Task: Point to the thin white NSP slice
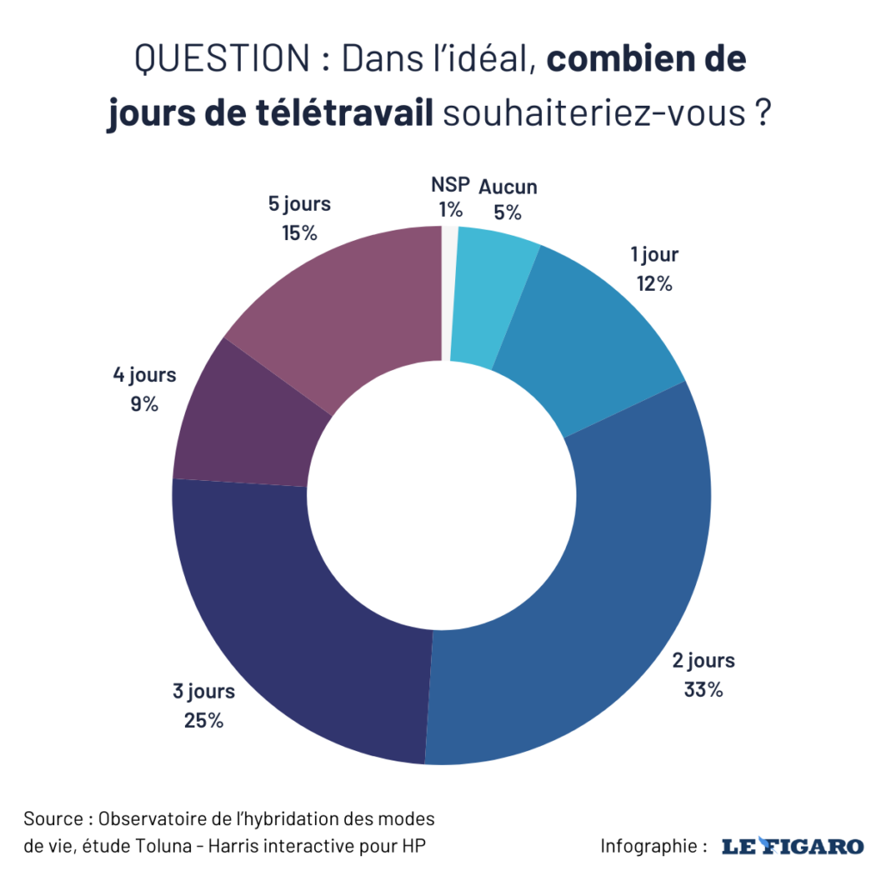tap(449, 293)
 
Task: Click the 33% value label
tap(703, 689)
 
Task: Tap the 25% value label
tap(204, 720)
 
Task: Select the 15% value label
tap(299, 233)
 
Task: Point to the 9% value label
tap(144, 404)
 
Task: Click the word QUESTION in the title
tap(222, 60)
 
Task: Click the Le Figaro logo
tap(792, 846)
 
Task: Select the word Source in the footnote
tap(54, 817)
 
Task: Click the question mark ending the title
tap(761, 114)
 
